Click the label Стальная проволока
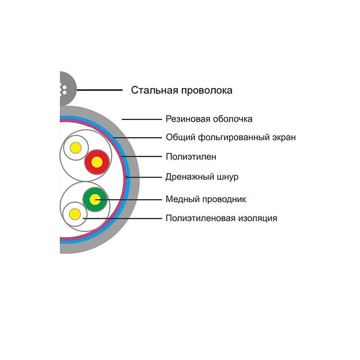(x=181, y=90)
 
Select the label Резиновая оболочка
(x=209, y=119)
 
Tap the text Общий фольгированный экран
(x=231, y=137)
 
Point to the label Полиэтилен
(x=191, y=156)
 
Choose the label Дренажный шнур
(x=202, y=177)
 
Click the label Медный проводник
(x=206, y=199)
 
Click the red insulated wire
(x=97, y=163)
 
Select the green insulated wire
(x=95, y=200)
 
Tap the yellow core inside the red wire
(x=97, y=163)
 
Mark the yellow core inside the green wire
(x=95, y=200)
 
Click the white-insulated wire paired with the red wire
(x=76, y=148)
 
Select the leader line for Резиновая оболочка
(x=141, y=119)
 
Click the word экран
(x=283, y=137)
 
